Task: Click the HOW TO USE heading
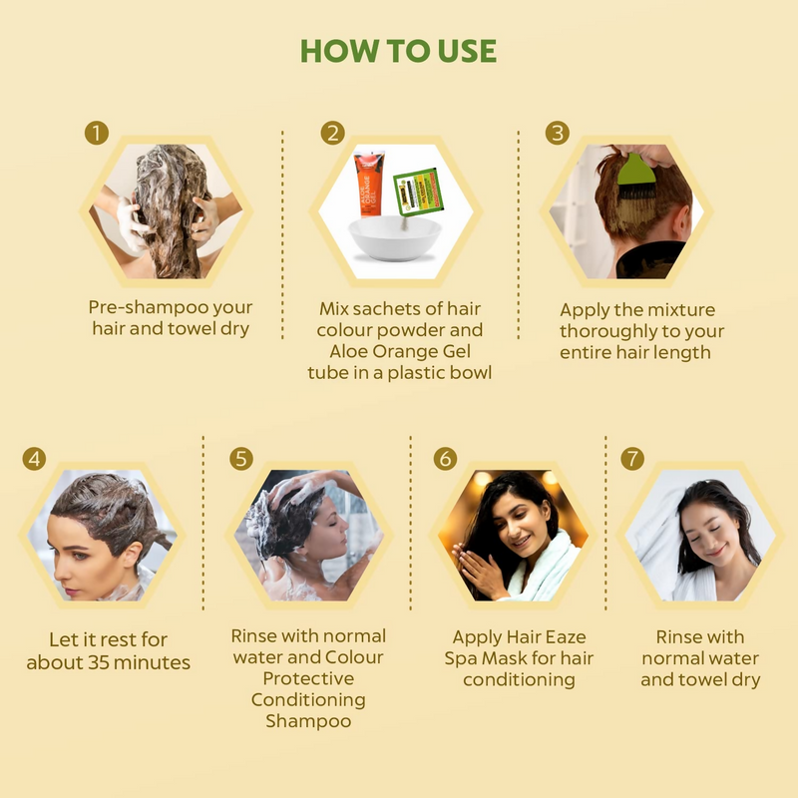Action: [x=399, y=52]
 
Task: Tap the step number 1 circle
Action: [x=96, y=134]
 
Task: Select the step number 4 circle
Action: [x=35, y=460]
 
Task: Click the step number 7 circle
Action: [x=631, y=460]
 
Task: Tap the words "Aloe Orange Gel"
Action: [x=399, y=351]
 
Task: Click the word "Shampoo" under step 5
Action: [x=308, y=721]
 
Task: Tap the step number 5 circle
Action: [x=241, y=459]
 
